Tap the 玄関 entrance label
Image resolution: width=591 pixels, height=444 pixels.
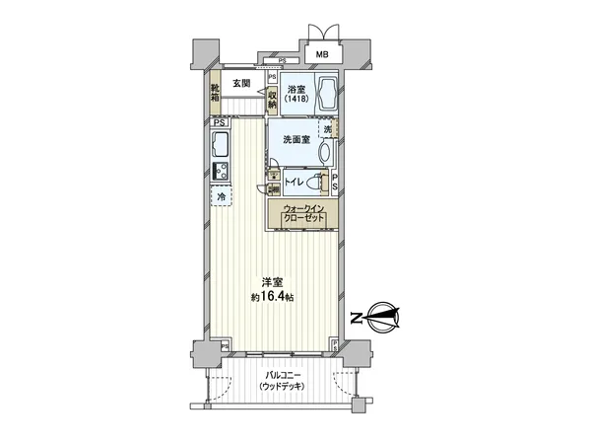[242, 84]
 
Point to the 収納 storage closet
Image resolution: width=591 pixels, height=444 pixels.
[272, 100]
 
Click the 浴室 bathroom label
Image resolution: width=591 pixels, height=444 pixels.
[296, 86]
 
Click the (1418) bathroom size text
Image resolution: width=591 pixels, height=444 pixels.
[296, 99]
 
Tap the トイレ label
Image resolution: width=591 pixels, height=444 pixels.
[295, 183]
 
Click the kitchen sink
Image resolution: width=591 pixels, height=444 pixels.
[219, 148]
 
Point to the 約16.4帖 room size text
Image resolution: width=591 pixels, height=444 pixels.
[272, 296]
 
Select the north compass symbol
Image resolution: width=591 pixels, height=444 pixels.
[383, 317]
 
